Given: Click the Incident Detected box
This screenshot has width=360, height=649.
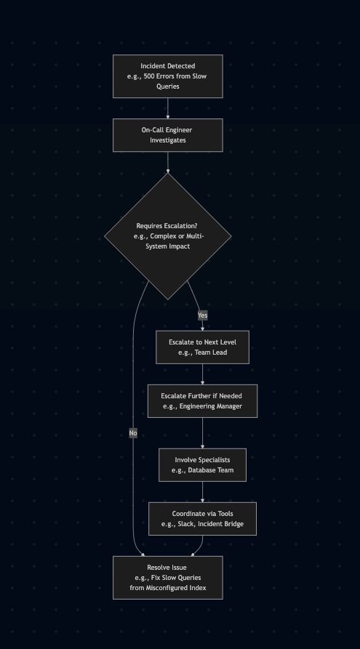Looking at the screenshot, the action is click(168, 76).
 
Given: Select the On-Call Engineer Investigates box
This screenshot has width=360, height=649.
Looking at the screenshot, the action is click(168, 135).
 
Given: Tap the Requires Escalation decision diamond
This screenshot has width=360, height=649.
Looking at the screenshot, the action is click(168, 236).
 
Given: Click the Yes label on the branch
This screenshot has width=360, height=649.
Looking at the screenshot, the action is click(203, 315).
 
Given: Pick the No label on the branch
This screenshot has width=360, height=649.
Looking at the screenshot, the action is click(133, 433).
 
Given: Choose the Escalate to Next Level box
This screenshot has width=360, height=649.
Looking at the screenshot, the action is click(203, 347).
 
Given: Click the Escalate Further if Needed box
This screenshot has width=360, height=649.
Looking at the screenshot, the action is click(203, 401).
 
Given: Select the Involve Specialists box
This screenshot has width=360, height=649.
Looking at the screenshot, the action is click(203, 465).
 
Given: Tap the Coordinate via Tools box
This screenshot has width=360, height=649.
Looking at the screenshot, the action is click(203, 519).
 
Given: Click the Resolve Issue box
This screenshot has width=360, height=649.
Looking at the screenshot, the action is click(168, 578).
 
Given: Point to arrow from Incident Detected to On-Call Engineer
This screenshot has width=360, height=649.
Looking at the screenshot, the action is click(168, 108).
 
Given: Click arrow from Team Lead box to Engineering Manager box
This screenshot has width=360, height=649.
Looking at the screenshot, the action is click(203, 374).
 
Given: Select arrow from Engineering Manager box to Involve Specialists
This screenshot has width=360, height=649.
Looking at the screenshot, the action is click(203, 433).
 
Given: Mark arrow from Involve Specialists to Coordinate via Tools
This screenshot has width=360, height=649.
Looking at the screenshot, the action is click(203, 492).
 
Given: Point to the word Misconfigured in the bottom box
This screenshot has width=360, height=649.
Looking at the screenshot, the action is click(168, 588).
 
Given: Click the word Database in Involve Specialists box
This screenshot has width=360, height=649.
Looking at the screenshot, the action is click(201, 470).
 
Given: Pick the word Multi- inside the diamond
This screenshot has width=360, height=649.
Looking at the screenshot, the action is click(195, 236).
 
